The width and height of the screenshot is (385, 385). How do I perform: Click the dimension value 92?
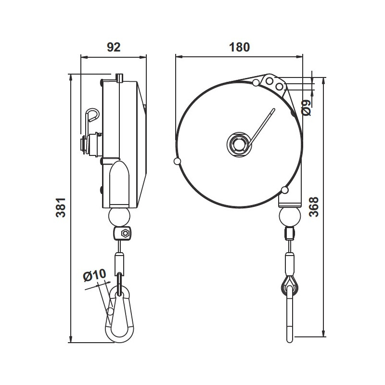(113, 47)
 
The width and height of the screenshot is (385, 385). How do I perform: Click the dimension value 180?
(239, 47)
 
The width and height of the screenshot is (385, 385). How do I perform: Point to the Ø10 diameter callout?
(94, 276)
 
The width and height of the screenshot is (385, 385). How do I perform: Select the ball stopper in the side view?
(119, 217)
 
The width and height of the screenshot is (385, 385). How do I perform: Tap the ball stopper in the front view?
(290, 217)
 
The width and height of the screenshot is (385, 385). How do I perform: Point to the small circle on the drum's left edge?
(178, 161)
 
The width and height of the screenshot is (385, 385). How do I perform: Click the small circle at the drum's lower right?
(284, 189)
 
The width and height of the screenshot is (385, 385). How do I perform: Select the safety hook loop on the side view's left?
(92, 115)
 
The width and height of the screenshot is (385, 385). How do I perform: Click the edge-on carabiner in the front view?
(290, 318)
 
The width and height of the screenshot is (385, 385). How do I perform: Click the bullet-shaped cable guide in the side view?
(119, 183)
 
